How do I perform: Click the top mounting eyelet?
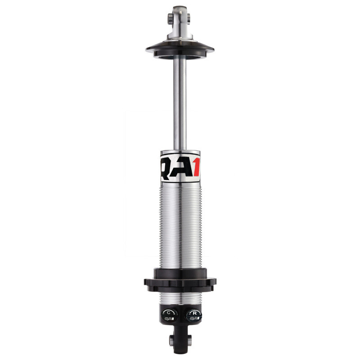point(180,16)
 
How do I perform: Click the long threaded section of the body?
point(180,225)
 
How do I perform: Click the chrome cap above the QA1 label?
point(180,153)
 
